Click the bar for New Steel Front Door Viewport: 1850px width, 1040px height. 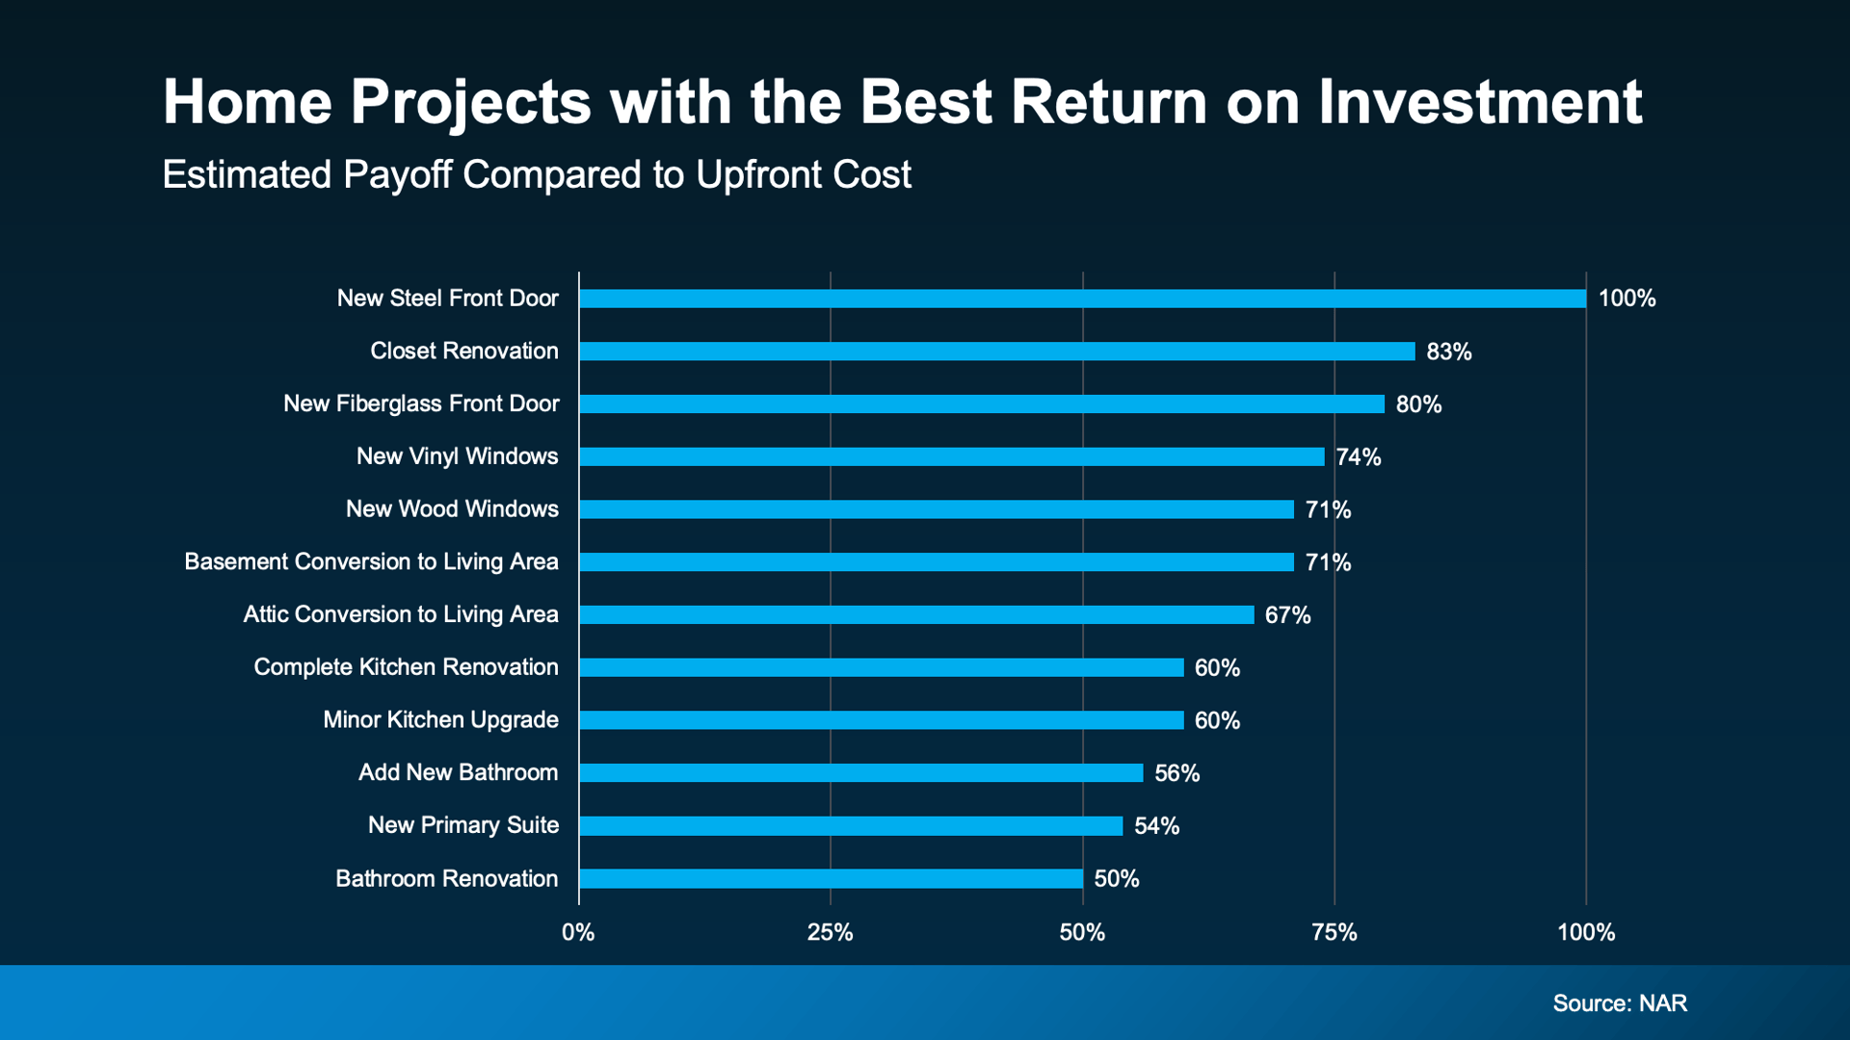(1082, 299)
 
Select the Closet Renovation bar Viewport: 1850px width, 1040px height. (997, 351)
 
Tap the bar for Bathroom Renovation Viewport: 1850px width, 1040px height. (831, 878)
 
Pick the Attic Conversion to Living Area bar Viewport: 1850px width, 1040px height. (916, 614)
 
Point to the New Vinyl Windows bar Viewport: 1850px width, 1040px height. (952, 456)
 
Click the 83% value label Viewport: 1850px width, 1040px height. (1448, 351)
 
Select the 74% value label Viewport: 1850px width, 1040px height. (1358, 457)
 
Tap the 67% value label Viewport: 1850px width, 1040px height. (1287, 615)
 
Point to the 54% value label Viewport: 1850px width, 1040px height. (1156, 826)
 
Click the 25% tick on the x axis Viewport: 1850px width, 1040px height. (830, 932)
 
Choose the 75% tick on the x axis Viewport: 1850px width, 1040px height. (1335, 932)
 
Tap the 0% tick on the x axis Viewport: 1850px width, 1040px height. (578, 932)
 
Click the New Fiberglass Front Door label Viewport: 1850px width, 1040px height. (421, 403)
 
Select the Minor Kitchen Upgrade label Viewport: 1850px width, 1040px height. (440, 720)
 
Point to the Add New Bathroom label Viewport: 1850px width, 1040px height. (458, 772)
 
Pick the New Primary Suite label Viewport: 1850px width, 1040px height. (462, 825)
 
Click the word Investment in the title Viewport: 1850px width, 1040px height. (1480, 102)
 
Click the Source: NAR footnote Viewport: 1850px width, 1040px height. (1620, 1003)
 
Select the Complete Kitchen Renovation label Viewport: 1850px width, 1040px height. (406, 667)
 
